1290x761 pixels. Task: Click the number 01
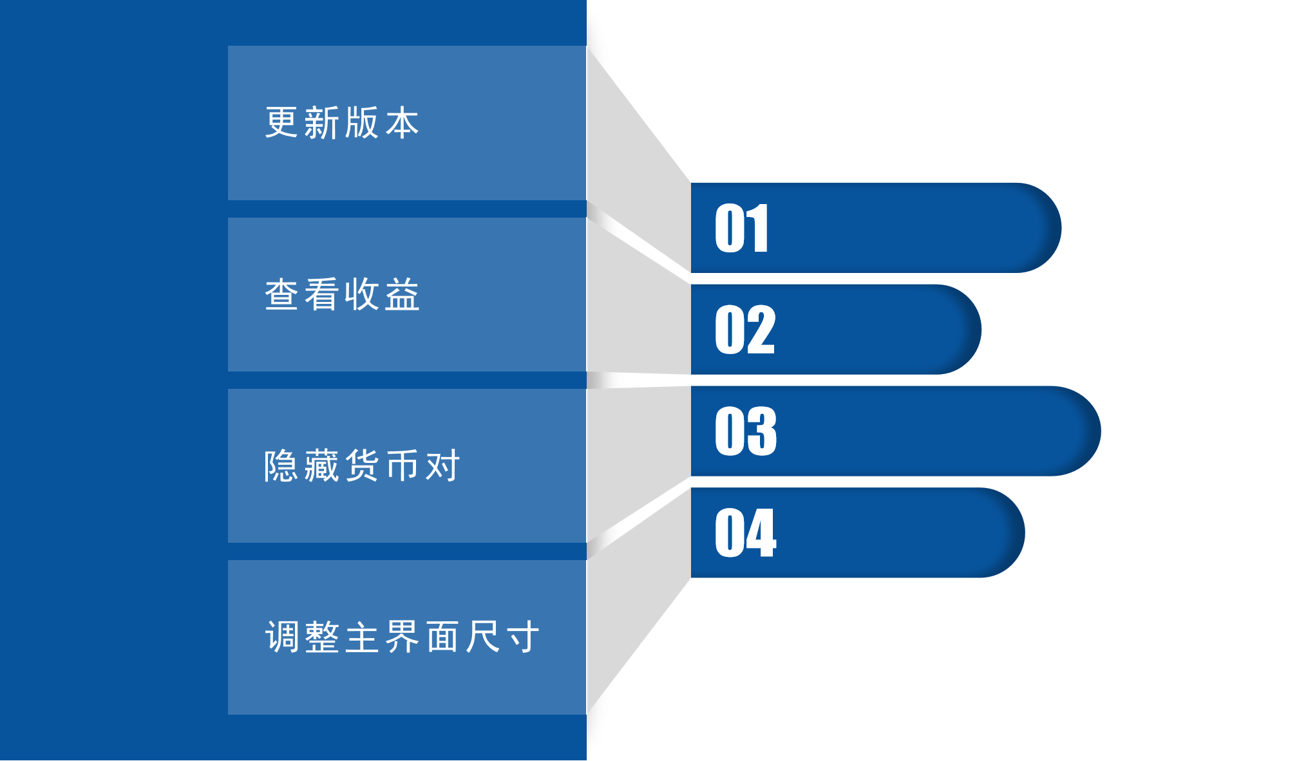coord(741,228)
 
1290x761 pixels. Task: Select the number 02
coord(745,330)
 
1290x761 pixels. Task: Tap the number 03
coord(746,431)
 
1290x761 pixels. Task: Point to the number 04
coord(746,532)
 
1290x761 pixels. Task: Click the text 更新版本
coord(342,122)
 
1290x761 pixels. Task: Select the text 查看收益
coord(342,294)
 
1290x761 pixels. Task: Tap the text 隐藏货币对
coord(362,465)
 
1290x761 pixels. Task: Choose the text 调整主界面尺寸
coord(403,637)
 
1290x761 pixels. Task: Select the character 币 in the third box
coord(403,465)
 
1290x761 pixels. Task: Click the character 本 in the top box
coord(403,122)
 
